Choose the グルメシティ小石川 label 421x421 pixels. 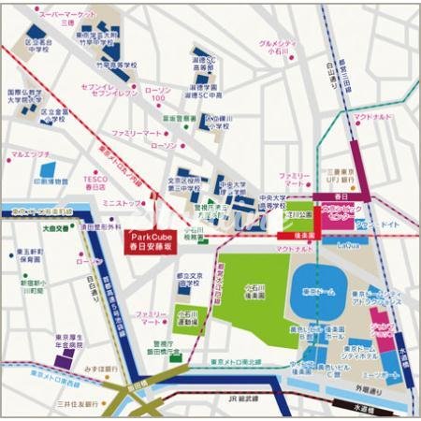pyautogui.click(x=280, y=48)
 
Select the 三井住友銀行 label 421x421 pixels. pyautogui.click(x=74, y=404)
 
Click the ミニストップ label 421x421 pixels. pyautogui.click(x=122, y=202)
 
